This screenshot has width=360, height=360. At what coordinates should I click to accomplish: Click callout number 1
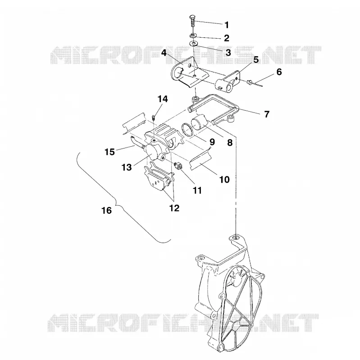click(x=227, y=25)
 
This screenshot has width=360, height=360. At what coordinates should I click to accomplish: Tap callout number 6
click(x=279, y=72)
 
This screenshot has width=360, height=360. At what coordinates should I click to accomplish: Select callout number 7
click(x=267, y=114)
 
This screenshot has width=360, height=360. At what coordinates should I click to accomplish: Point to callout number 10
click(x=224, y=179)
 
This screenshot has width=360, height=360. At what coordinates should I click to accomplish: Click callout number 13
click(x=127, y=167)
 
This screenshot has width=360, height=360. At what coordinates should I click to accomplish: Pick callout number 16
click(x=107, y=210)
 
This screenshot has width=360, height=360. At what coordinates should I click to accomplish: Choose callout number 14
click(x=163, y=99)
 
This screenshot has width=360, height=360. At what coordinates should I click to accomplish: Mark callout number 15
click(x=109, y=152)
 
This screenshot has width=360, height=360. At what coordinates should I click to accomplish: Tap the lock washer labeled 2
click(x=193, y=36)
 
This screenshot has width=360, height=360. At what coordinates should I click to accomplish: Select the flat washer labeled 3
click(x=194, y=43)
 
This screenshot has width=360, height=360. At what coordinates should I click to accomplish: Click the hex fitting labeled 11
click(x=178, y=166)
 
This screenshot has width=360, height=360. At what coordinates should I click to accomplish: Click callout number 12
click(x=174, y=208)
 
